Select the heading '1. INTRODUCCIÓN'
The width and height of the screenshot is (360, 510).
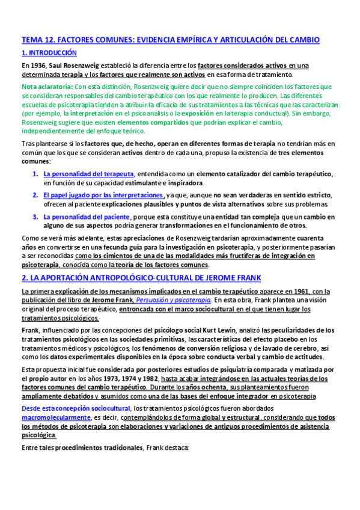pos(49,54)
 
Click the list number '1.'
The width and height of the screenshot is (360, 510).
pos(35,174)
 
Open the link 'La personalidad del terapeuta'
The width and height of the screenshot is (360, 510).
pos(88,174)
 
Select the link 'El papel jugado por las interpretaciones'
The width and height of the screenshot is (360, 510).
pos(103,195)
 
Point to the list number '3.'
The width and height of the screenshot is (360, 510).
pos(35,217)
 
